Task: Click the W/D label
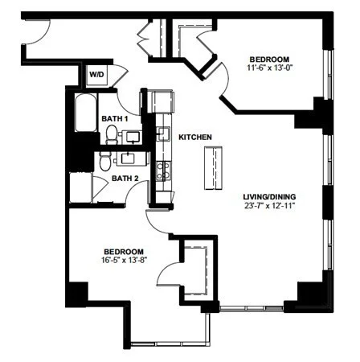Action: [x=96, y=74]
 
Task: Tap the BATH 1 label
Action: [x=114, y=118]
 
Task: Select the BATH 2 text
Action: [x=125, y=179]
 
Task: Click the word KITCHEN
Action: [x=195, y=138]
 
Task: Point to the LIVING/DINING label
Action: [x=269, y=197]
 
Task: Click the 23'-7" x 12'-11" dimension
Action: [x=269, y=206]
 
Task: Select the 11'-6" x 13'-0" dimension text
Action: [x=269, y=68]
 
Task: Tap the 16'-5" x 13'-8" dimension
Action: [x=125, y=260]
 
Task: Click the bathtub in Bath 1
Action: [x=86, y=113]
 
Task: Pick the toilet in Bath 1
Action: [x=111, y=134]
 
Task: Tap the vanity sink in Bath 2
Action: [x=129, y=158]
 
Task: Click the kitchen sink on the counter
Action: [x=163, y=133]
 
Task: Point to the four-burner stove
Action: [x=164, y=171]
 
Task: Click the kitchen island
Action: [x=213, y=168]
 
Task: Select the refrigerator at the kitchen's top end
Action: [x=162, y=101]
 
